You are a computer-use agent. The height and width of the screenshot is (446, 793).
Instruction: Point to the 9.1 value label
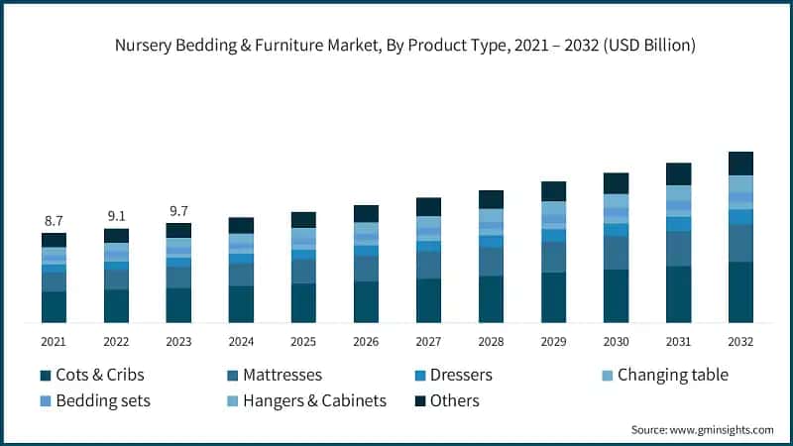pyautogui.click(x=116, y=214)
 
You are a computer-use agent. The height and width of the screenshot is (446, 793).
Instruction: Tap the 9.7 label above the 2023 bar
pyautogui.click(x=178, y=210)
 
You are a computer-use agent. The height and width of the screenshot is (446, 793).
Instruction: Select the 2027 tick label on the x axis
pyautogui.click(x=428, y=341)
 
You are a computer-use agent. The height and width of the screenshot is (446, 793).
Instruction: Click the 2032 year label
pyautogui.click(x=740, y=341)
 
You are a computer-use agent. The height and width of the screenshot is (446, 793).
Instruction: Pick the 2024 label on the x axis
pyautogui.click(x=241, y=341)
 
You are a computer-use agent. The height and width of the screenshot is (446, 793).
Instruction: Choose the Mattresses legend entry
pyautogui.click(x=273, y=376)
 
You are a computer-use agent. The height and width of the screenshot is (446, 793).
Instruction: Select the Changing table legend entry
pyautogui.click(x=672, y=376)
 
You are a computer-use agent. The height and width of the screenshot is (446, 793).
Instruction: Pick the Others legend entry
pyautogui.click(x=455, y=400)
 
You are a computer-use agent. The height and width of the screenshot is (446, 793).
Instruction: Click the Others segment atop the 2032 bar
pyautogui.click(x=740, y=164)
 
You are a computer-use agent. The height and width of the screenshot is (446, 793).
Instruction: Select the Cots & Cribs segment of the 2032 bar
pyautogui.click(x=740, y=292)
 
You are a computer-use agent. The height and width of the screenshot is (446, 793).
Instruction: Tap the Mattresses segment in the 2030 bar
pyautogui.click(x=616, y=253)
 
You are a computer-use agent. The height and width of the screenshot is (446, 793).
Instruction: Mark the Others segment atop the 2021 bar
pyautogui.click(x=54, y=240)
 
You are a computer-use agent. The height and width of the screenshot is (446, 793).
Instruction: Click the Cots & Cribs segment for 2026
pyautogui.click(x=366, y=302)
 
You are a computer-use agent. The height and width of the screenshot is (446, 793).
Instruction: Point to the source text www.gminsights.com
pyautogui.click(x=722, y=429)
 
